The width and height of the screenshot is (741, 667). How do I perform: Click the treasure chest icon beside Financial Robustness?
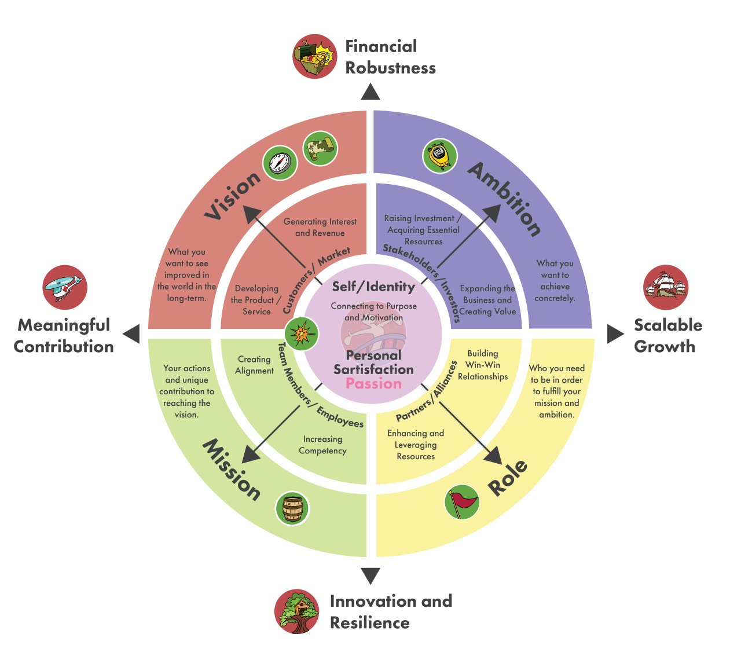314,56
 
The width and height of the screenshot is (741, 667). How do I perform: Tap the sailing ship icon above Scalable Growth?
666,288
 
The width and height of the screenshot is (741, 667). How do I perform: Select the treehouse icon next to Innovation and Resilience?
297,611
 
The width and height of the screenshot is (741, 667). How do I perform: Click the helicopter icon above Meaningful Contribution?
65,288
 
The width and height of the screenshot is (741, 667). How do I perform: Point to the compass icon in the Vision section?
280,163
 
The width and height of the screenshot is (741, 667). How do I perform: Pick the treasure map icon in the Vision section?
320,148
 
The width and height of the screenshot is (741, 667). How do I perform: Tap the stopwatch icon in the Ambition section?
440,156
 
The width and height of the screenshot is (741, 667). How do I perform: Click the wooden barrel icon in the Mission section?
292,508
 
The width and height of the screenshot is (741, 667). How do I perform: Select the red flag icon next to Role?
462,502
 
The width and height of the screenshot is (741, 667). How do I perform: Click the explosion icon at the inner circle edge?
302,334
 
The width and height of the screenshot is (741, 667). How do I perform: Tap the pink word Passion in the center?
373,383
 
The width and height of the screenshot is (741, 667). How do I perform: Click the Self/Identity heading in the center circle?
373,287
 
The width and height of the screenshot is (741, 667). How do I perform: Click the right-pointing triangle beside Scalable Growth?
615,334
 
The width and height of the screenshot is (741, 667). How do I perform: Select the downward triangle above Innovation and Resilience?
370,576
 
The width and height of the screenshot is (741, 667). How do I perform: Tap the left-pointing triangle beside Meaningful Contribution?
132,334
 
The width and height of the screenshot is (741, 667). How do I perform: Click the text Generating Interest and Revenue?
320,228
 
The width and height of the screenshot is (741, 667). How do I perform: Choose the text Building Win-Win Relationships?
483,365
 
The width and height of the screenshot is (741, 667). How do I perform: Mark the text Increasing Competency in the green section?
322,445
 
